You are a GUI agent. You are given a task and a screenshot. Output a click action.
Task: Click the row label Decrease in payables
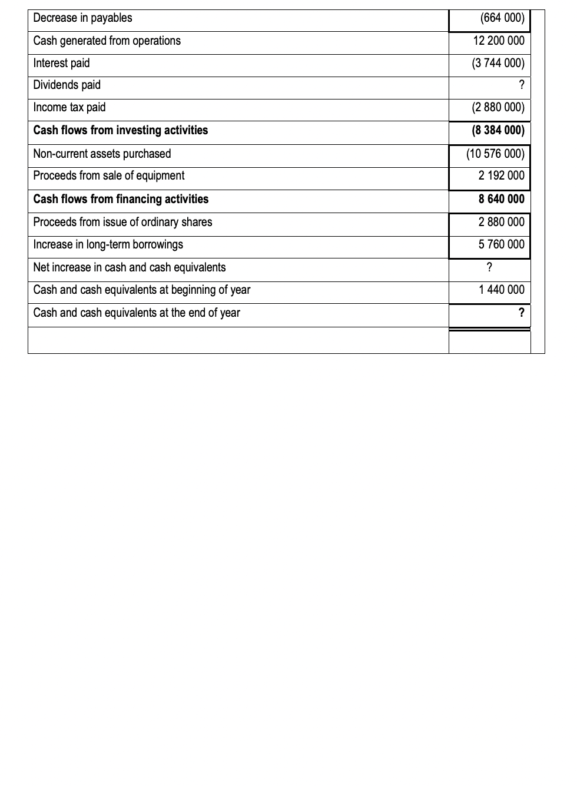pos(82,18)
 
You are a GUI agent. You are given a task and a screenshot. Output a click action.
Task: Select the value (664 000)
pos(502,18)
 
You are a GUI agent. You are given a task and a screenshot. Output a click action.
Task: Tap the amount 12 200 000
pos(498,41)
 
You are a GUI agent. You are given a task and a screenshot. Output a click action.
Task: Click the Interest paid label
pos(61,63)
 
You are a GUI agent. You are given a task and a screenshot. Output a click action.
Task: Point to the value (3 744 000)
pos(498,63)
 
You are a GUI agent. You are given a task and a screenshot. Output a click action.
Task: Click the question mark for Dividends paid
pos(521,85)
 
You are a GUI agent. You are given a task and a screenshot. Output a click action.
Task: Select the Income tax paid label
pos(69,107)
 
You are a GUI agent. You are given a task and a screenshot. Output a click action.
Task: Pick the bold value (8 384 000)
pos(498,130)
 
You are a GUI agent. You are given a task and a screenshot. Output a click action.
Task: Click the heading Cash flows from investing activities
pos(120,130)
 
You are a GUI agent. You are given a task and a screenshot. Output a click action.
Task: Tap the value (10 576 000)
pos(495,154)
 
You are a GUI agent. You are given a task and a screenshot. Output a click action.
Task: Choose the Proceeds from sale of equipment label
pos(108,175)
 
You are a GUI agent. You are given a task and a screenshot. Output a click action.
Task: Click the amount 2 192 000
pos(501,175)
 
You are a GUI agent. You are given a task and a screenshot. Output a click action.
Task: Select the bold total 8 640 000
pos(501,199)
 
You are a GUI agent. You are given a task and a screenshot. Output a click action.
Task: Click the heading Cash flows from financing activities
pos(121,199)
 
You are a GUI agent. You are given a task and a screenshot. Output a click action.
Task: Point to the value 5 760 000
pos(501,244)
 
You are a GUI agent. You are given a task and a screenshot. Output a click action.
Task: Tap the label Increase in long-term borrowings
pos(108,244)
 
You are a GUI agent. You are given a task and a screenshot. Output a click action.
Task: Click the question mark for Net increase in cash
pos(489,267)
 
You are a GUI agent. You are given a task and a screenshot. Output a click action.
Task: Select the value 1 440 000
pos(501,290)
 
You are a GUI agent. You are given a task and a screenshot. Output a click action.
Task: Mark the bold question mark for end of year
pos(521,313)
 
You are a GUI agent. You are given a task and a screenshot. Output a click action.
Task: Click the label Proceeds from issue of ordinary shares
pos(122,222)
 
